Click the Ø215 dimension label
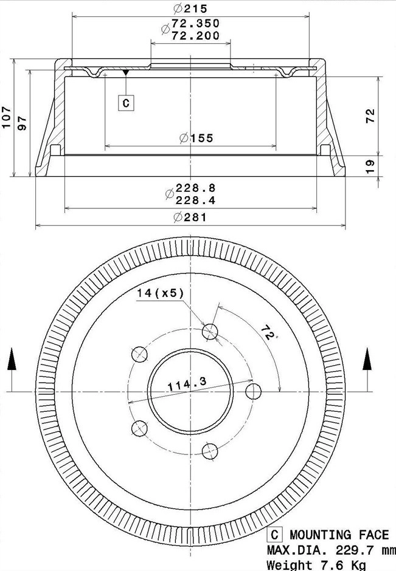pyautogui.click(x=190, y=9)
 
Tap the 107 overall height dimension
pyautogui.click(x=7, y=117)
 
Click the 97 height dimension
pyautogui.click(x=23, y=123)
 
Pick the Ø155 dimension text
pyautogui.click(x=196, y=138)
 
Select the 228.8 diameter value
pyautogui.click(x=196, y=188)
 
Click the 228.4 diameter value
pyautogui.click(x=196, y=200)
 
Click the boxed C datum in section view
pyautogui.click(x=126, y=103)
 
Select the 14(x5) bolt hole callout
pyautogui.click(x=160, y=293)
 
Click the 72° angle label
pyautogui.click(x=267, y=332)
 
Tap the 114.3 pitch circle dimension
pyautogui.click(x=187, y=383)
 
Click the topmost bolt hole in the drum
pyautogui.click(x=210, y=332)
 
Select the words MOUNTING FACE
pyautogui.click(x=339, y=535)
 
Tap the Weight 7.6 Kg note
pyautogui.click(x=316, y=565)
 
